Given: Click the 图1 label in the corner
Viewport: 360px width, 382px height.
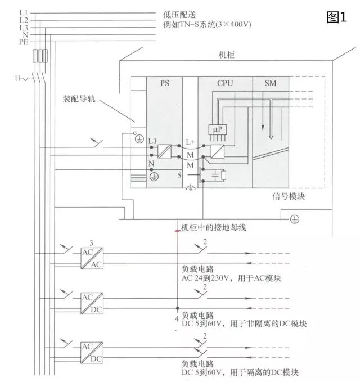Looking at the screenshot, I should click(x=336, y=17).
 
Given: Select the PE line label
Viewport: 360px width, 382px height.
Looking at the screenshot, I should click(x=23, y=42).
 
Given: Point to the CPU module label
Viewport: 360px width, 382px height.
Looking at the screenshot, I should click(x=225, y=83).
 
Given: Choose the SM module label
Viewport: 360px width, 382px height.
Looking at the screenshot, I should click(x=271, y=83).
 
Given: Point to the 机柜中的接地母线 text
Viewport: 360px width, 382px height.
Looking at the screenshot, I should click(x=213, y=228).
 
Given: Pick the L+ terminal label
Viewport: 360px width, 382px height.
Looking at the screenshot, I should click(x=190, y=142).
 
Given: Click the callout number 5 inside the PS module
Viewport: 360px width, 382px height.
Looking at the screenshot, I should click(x=179, y=176).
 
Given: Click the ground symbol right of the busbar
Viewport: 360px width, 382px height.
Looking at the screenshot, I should click(x=294, y=218).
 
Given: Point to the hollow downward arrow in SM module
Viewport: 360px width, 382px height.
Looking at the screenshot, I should click(x=271, y=132).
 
